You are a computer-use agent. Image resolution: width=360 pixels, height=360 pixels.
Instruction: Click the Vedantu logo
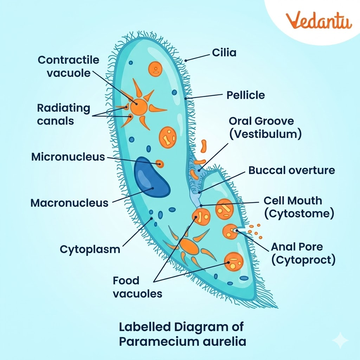click(x=319, y=20)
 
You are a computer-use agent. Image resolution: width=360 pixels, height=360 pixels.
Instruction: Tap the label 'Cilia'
click(x=224, y=53)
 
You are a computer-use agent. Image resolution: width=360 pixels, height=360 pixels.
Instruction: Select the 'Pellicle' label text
click(x=245, y=95)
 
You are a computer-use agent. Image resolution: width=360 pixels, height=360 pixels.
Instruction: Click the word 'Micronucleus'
click(x=68, y=157)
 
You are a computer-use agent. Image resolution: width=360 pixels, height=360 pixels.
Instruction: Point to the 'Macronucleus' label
click(x=69, y=203)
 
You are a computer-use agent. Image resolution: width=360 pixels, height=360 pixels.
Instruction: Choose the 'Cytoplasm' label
click(x=90, y=249)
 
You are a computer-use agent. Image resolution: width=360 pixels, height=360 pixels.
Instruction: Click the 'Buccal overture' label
click(x=291, y=171)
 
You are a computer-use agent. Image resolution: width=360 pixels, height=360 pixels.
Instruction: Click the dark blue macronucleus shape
click(x=151, y=177)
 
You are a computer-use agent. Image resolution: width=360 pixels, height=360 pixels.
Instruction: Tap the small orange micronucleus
click(x=160, y=163)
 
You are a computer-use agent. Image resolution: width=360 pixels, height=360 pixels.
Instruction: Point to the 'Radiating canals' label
click(x=64, y=114)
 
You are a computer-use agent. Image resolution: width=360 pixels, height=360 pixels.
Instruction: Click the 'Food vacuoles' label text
click(x=137, y=287)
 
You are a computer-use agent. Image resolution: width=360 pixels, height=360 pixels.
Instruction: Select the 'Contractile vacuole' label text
click(x=69, y=66)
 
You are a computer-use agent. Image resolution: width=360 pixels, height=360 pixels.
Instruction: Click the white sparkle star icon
click(x=340, y=341)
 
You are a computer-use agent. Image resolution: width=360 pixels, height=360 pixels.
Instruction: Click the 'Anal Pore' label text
click(x=297, y=246)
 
